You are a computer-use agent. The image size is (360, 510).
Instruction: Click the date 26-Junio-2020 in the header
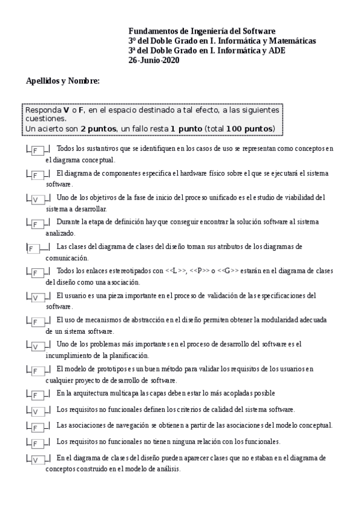click(154, 60)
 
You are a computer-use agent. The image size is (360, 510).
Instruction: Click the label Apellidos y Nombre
click(63, 81)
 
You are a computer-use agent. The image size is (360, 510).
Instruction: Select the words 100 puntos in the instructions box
click(251, 129)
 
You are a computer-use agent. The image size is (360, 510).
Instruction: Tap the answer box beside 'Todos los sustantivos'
click(37, 150)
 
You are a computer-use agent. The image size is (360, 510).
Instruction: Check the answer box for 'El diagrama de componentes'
click(37, 175)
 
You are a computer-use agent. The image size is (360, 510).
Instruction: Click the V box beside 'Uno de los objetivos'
click(37, 199)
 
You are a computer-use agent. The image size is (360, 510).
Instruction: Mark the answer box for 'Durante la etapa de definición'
click(37, 224)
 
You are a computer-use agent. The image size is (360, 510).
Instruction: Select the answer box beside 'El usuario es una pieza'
click(37, 297)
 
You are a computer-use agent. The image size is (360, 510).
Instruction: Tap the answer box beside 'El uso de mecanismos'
click(37, 322)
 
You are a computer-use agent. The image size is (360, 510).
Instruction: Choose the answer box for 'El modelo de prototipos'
click(37, 370)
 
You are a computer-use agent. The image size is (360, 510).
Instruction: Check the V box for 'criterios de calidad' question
click(37, 411)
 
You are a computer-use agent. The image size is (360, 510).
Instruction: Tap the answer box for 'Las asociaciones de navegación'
click(37, 428)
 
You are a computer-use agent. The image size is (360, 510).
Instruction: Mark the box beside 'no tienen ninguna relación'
click(37, 444)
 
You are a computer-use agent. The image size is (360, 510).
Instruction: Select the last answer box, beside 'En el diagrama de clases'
click(37, 460)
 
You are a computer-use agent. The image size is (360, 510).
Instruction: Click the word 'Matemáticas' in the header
click(291, 41)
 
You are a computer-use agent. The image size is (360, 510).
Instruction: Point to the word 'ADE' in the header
click(277, 51)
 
